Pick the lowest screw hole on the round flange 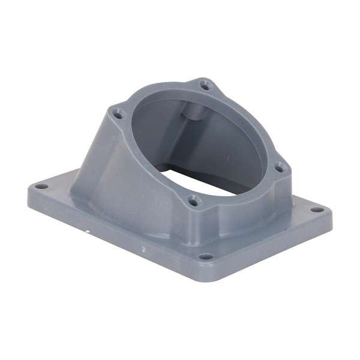(192, 200)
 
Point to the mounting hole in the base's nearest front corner (205, 257)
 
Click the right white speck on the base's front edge (142, 247)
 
